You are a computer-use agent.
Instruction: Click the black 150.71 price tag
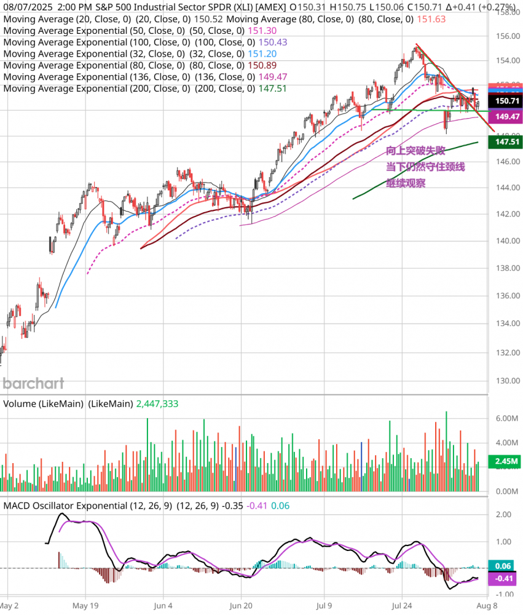pyautogui.click(x=503, y=100)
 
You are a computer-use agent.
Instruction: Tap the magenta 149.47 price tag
pyautogui.click(x=503, y=116)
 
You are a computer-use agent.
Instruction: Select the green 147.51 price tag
pyautogui.click(x=503, y=142)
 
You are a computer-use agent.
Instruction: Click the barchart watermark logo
pyautogui.click(x=33, y=384)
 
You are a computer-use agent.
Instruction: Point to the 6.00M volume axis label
pyautogui.click(x=503, y=418)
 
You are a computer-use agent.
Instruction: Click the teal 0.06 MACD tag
pyautogui.click(x=503, y=566)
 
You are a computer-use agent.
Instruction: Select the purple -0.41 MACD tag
pyautogui.click(x=503, y=579)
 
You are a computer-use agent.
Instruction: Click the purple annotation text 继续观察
pyautogui.click(x=406, y=183)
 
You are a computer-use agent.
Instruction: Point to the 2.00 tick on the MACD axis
pyautogui.click(x=503, y=515)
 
